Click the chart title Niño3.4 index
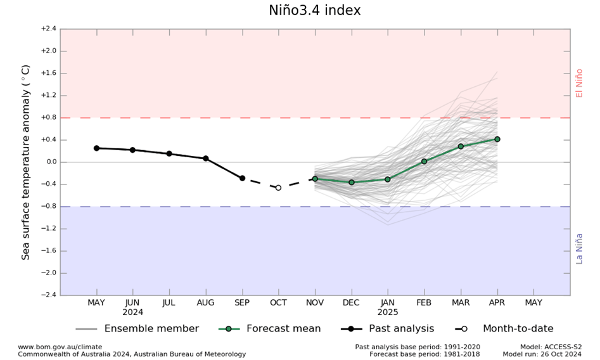point(315,11)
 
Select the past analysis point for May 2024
point(96,148)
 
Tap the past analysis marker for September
point(242,178)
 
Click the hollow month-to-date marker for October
point(278,188)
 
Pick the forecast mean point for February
point(424,162)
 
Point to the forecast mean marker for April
point(497,139)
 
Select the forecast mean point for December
point(351,182)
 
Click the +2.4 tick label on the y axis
point(48,29)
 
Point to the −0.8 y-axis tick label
point(48,207)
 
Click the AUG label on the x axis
point(205,303)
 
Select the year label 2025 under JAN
point(387,312)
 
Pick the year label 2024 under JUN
point(132,312)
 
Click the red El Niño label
point(578,82)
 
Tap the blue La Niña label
point(578,248)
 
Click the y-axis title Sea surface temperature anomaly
point(26,162)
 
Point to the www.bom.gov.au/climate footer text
point(60,347)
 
